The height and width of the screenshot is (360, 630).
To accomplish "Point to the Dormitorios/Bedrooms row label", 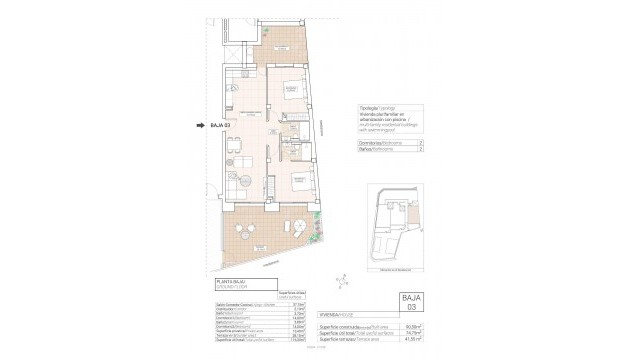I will pyautogui.click(x=376, y=143).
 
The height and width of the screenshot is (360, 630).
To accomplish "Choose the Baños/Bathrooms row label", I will pyautogui.click(x=374, y=152).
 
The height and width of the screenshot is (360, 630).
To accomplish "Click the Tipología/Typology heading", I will pyautogui.click(x=372, y=109).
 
